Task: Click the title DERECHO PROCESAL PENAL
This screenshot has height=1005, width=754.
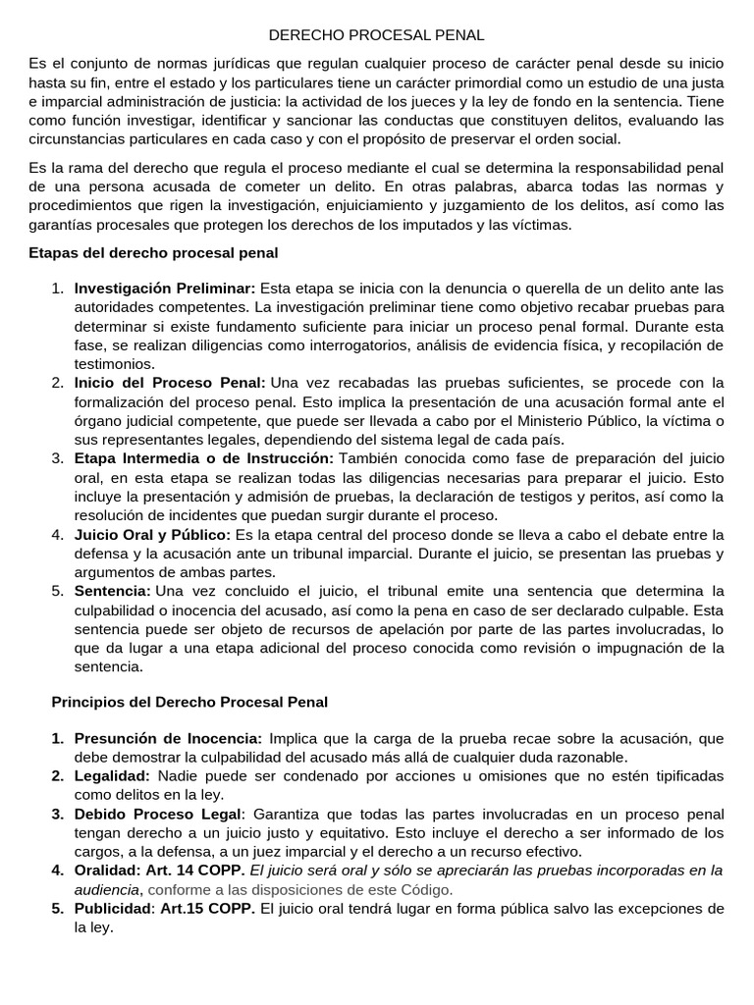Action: pyautogui.click(x=376, y=35)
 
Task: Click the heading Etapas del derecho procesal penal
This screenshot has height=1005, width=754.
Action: pyautogui.click(x=154, y=253)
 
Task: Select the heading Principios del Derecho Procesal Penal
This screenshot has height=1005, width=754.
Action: pyautogui.click(x=188, y=703)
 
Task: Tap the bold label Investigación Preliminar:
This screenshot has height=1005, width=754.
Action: pyautogui.click(x=165, y=289)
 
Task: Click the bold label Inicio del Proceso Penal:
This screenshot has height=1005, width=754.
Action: pyautogui.click(x=170, y=383)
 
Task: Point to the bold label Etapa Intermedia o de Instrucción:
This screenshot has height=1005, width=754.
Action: pyautogui.click(x=204, y=458)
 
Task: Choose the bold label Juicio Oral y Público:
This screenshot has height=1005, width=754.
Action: pyautogui.click(x=152, y=535)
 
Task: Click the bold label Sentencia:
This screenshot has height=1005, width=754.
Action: pyautogui.click(x=113, y=591)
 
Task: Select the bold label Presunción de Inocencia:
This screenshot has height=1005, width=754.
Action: pyautogui.click(x=168, y=738)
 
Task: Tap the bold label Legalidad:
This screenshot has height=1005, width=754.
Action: pyautogui.click(x=112, y=776)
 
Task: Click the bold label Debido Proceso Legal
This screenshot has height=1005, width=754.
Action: pyautogui.click(x=157, y=815)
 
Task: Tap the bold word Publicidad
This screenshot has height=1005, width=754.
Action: pyautogui.click(x=111, y=909)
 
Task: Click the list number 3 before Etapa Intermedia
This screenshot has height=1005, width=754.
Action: pyautogui.click(x=57, y=458)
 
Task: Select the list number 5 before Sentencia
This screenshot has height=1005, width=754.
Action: pyautogui.click(x=57, y=591)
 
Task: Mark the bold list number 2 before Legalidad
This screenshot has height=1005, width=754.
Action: pyautogui.click(x=57, y=776)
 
